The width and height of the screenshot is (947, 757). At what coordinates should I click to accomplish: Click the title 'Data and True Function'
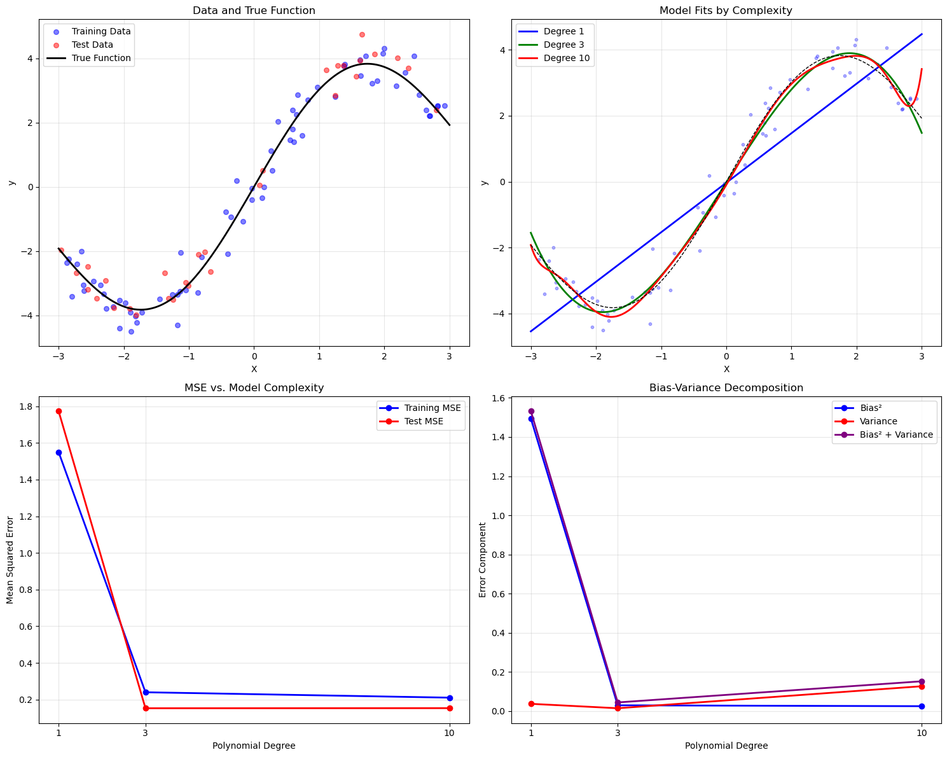pos(254,10)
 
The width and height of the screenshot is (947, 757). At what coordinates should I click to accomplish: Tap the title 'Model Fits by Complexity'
pos(726,10)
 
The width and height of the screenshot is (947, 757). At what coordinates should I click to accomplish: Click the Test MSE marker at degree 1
pos(59,411)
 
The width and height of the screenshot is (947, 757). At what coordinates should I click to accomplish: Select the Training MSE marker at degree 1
pos(59,452)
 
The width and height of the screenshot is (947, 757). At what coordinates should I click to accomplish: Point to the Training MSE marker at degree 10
pos(450,698)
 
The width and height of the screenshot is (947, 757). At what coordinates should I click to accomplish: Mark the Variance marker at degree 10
pos(922,686)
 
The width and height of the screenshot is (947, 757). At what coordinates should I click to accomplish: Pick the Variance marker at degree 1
pos(531,704)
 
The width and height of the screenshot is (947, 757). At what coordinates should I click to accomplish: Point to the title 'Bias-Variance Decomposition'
pos(726,387)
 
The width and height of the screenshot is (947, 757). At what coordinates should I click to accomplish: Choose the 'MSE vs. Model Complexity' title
pos(254,387)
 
